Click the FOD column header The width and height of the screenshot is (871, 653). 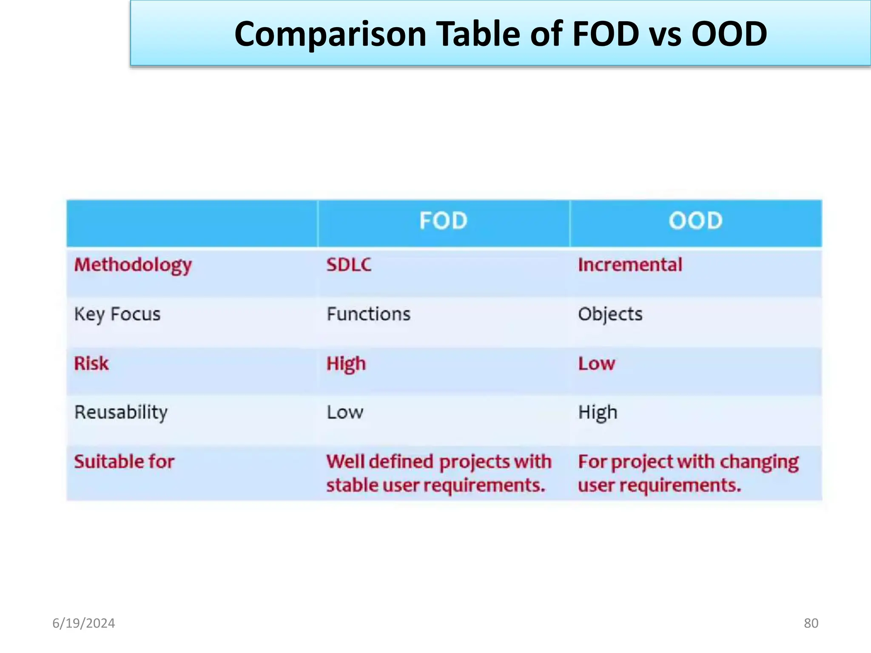443,221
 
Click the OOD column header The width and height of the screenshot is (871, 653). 695,221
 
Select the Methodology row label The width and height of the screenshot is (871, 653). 133,265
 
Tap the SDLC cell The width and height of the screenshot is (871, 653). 349,265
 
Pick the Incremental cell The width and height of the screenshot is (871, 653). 630,265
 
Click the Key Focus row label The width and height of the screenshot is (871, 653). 117,315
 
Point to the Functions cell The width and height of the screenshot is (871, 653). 368,314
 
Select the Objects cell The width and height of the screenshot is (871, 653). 610,315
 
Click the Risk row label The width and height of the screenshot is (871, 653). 91,364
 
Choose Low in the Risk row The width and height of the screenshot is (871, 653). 596,364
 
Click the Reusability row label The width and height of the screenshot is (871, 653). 121,413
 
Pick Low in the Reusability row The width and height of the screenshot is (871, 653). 345,413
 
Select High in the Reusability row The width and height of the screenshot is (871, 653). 598,413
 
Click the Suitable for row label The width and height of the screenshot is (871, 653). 124,462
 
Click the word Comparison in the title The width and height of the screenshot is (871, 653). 330,34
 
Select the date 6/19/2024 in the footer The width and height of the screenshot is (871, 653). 83,623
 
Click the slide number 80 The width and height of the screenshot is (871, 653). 811,623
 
